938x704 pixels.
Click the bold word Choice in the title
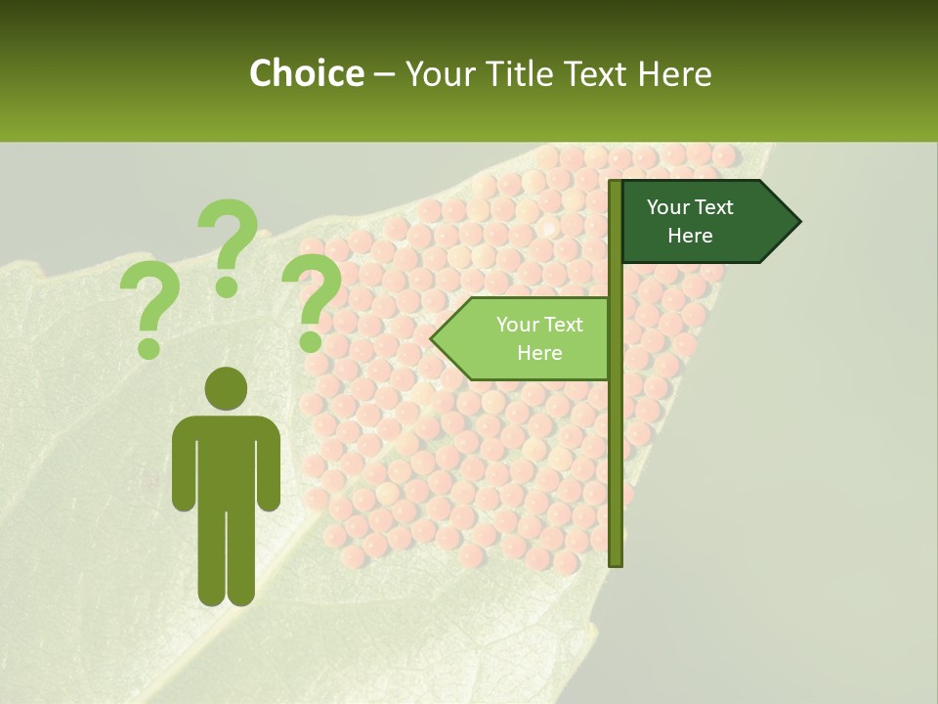[306, 73]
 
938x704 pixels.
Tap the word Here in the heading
[674, 73]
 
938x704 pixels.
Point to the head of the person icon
[226, 388]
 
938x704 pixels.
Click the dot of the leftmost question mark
[149, 348]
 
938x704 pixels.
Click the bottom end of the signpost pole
[616, 561]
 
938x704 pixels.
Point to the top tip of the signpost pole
[616, 183]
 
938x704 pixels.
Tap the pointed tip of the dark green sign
[798, 222]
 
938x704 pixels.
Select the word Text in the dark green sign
[714, 207]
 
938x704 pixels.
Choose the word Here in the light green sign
[539, 353]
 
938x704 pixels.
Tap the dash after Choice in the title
[384, 74]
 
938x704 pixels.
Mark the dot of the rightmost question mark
[311, 341]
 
